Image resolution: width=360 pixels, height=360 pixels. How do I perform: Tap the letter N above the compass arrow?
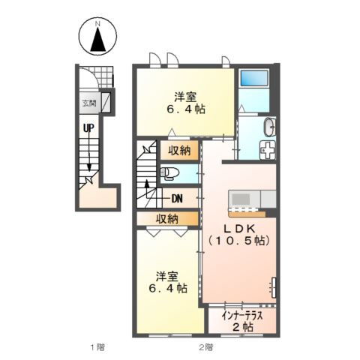97,24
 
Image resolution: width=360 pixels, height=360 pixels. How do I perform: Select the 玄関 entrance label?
89,103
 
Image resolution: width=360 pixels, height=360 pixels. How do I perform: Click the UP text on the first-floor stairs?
88,128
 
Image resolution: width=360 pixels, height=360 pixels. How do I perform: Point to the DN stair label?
177,199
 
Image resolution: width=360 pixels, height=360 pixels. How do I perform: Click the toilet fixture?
169,173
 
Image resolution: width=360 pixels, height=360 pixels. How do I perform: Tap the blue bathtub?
253,78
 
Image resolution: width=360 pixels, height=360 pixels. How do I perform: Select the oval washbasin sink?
269,127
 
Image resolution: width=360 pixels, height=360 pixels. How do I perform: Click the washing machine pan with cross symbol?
267,150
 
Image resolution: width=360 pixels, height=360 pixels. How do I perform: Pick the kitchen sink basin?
241,199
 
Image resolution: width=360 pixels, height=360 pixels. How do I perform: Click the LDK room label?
238,228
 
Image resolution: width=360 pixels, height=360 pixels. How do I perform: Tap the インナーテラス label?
241,316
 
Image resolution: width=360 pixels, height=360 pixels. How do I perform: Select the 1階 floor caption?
97,347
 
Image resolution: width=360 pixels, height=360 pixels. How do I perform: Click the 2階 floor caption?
206,347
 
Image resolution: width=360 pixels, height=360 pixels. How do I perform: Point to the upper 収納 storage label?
179,151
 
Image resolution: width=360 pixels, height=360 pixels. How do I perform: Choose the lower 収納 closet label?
167,219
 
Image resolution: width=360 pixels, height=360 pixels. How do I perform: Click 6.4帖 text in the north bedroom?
186,109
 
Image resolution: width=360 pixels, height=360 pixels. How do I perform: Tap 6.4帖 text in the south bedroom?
168,288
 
